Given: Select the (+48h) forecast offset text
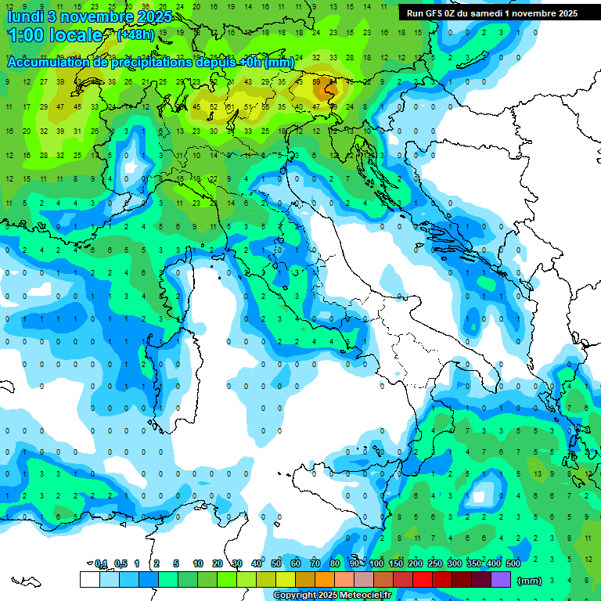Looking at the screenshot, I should tap(136, 35).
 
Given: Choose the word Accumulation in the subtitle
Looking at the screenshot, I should tap(48, 62).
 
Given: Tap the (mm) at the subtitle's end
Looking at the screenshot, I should tap(279, 62).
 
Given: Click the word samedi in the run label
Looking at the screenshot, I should tap(490, 13).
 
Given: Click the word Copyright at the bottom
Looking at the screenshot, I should tap(296, 596).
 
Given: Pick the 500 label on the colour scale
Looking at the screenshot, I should tap(513, 563).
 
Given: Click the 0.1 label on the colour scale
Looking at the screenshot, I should tap(101, 563).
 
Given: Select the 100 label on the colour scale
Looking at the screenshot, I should tap(377, 563).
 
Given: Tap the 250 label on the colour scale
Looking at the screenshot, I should tap(435, 563).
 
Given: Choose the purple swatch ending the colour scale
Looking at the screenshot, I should tap(501, 579).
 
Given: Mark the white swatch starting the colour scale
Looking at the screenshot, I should tap(90, 579).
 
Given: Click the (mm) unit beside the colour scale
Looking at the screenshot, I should tap(530, 580).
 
